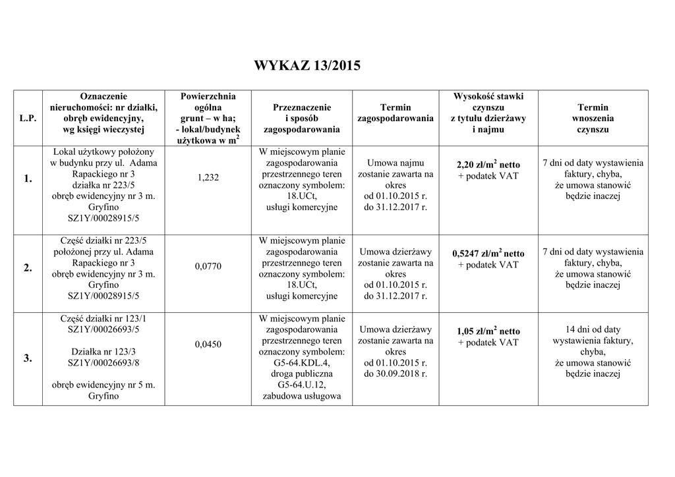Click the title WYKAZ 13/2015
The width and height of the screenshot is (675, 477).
(307, 67)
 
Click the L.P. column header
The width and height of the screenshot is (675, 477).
(28, 119)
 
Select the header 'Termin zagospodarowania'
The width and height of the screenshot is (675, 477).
(396, 113)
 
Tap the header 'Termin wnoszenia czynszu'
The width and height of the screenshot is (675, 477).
(593, 119)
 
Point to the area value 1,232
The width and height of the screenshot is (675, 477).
(208, 177)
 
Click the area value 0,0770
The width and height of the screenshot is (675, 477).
(208, 266)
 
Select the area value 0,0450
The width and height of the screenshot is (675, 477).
(208, 345)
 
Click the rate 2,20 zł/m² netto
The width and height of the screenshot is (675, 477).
(488, 164)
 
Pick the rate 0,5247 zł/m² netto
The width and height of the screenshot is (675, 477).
(488, 253)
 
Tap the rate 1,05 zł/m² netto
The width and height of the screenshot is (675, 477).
(488, 331)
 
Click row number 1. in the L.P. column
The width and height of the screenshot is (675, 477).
(28, 179)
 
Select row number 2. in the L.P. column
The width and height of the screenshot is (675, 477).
(28, 267)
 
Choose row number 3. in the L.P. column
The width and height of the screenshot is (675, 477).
(28, 358)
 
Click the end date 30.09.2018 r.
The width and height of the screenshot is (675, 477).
(396, 374)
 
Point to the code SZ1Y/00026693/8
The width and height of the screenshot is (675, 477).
(103, 362)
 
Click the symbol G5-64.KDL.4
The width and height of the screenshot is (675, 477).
(302, 362)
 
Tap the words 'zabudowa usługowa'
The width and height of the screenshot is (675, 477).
(302, 396)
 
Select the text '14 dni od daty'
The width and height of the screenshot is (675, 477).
(593, 329)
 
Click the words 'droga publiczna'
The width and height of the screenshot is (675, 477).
(302, 374)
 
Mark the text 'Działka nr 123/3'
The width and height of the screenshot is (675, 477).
(103, 351)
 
